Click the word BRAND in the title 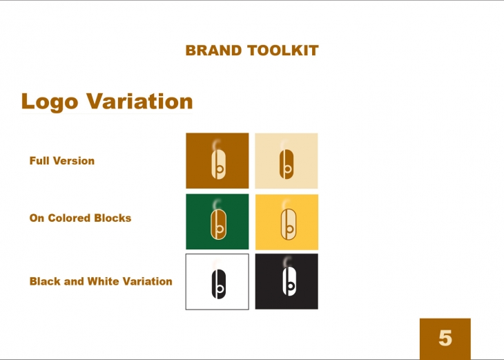[x=213, y=50]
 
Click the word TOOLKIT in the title [x=283, y=50]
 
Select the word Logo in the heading [x=50, y=102]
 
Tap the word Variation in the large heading [x=139, y=101]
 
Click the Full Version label [x=62, y=160]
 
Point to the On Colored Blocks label [x=80, y=218]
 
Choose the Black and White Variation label [x=101, y=281]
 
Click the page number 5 [x=445, y=338]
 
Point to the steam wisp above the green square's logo [x=217, y=205]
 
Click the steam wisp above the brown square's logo [x=216, y=144]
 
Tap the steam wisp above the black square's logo [x=287, y=261]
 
